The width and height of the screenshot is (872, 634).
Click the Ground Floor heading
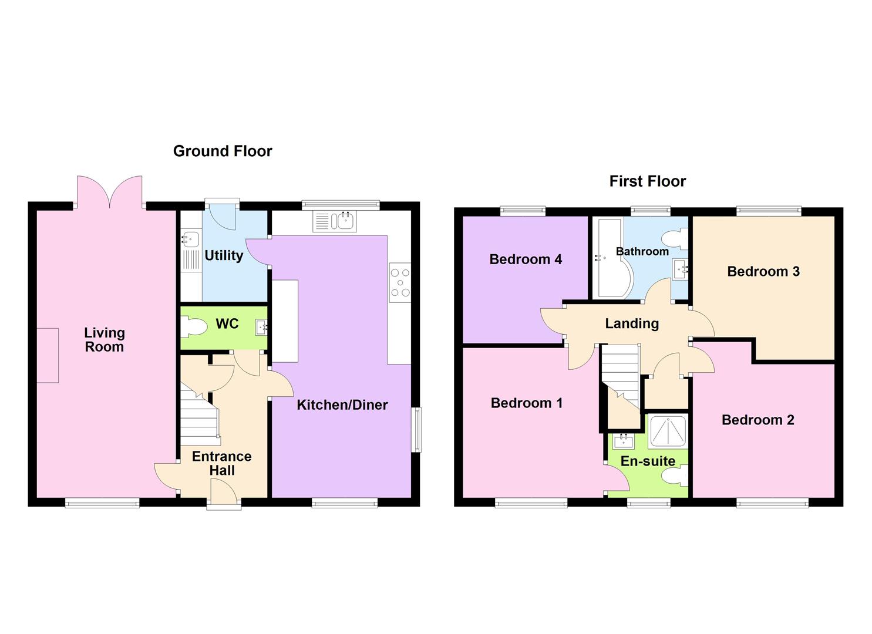(223, 151)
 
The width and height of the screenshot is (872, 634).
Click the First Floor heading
(647, 181)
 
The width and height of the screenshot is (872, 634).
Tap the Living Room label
(104, 340)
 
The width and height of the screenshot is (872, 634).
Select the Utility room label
(224, 255)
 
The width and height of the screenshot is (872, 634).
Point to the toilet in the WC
(193, 327)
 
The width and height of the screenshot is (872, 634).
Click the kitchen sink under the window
(344, 221)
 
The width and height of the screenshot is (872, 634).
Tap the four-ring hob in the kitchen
(400, 282)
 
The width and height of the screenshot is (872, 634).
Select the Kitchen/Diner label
(342, 404)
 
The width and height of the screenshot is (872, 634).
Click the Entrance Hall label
(221, 463)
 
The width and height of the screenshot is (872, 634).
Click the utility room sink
(190, 240)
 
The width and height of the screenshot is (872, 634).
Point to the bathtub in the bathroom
(611, 258)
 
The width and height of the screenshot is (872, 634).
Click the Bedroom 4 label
(526, 259)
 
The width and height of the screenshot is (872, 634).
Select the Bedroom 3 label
(763, 271)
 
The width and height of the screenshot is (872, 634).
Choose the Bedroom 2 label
(757, 420)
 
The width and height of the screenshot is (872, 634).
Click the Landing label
(632, 323)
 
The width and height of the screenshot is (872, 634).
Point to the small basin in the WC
(261, 326)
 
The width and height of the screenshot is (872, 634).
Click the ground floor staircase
(198, 417)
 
